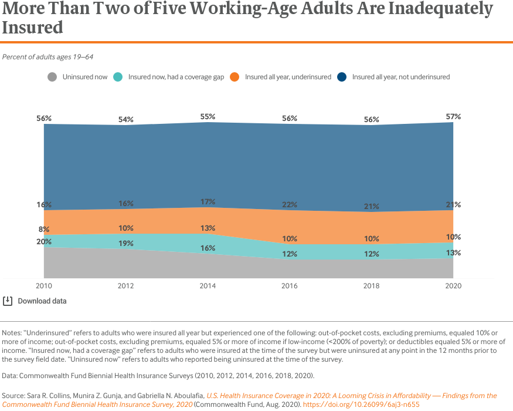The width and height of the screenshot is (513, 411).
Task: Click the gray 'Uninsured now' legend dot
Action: click(52, 77)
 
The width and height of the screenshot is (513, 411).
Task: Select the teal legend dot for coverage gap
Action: click(118, 77)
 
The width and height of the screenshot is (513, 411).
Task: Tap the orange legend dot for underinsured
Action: click(235, 77)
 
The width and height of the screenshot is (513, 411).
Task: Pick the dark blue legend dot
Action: click(342, 77)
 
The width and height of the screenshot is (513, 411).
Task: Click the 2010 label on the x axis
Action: click(44, 286)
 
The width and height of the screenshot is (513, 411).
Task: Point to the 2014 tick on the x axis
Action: click(208, 286)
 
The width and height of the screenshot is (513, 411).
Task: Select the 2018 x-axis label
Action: click(371, 286)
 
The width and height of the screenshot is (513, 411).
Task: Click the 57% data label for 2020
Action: click(453, 116)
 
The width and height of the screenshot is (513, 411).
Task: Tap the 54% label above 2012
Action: click(125, 119)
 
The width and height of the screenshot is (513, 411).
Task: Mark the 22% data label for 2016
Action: click(289, 204)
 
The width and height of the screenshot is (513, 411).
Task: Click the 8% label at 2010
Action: click(44, 229)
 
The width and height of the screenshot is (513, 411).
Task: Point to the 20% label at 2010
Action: click(44, 241)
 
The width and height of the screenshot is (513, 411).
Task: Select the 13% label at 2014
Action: click(208, 228)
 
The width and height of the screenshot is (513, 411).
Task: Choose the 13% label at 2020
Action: click(453, 252)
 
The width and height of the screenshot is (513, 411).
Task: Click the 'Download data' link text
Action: click(42, 301)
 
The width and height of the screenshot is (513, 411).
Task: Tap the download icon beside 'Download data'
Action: click(8, 301)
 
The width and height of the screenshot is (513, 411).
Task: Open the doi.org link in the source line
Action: click(361, 405)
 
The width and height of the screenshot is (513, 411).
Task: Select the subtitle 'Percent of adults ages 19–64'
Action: click(48, 57)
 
